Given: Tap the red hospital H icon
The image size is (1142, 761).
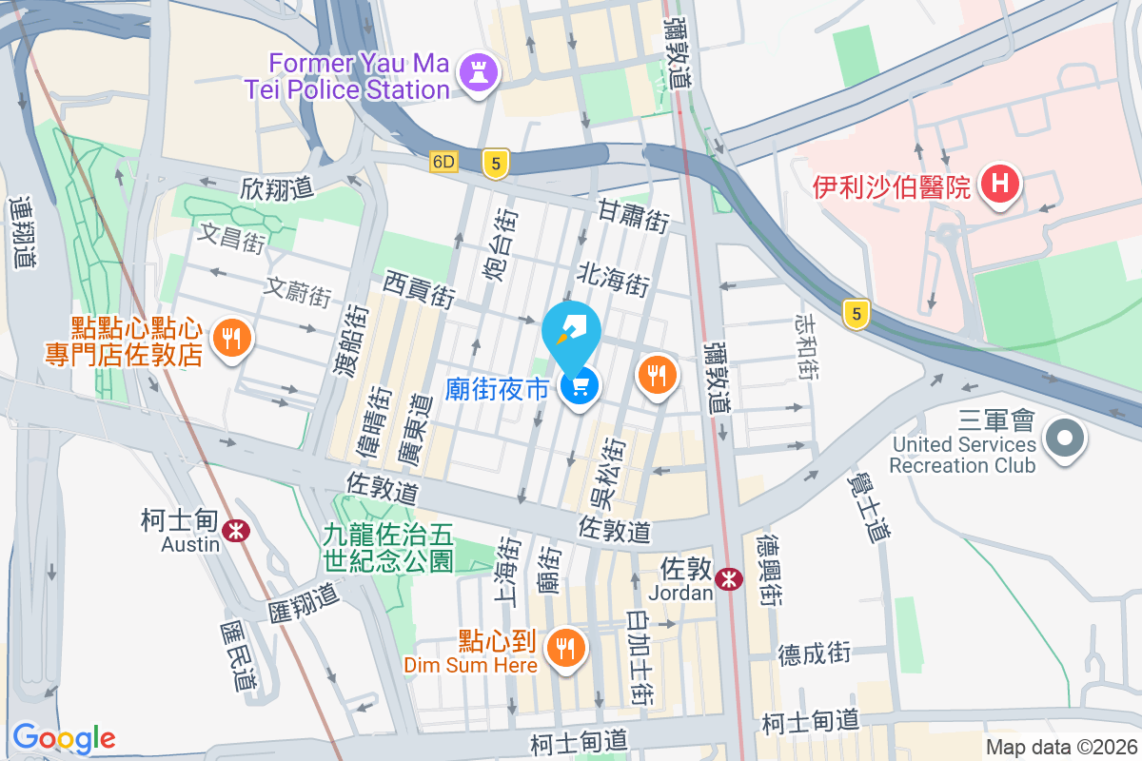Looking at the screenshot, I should coord(1000,184).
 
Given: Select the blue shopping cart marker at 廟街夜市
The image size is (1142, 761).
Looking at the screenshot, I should coord(580,386).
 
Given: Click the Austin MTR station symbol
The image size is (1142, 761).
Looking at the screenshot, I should coord(235,529).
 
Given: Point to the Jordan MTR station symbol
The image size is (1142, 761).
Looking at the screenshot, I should coord(730,578).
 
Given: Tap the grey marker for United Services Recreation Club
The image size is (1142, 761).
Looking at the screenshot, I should coord(1064,439).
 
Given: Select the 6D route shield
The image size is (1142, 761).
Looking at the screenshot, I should coord(443,162).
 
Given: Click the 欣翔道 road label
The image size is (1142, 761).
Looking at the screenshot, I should coord(278,189).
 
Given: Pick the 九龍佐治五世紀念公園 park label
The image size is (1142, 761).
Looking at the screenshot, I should coord(388,550).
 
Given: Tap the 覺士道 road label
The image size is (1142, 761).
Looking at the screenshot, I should coord(867,509).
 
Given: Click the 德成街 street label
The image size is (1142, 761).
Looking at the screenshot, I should coord(814,654).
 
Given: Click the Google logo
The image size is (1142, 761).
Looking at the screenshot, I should coord(64,737).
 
